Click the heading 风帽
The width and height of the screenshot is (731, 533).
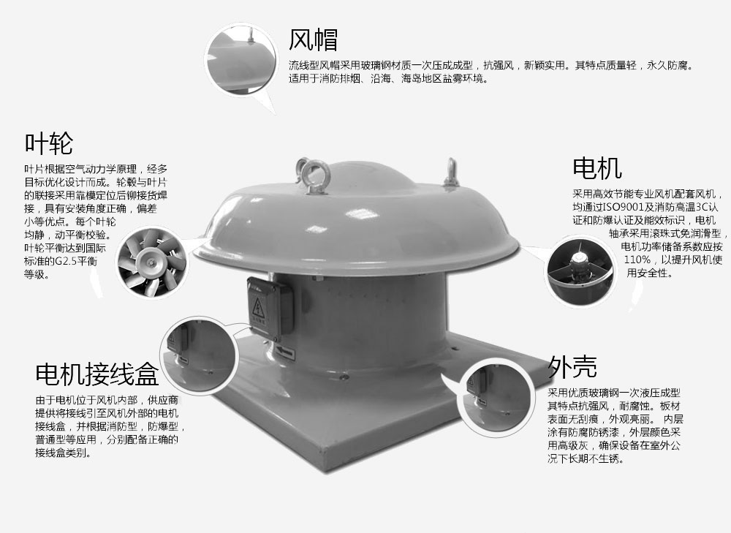pos(313,39)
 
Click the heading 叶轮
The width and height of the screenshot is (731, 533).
pos(48,143)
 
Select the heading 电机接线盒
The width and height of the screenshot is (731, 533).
pos(97,374)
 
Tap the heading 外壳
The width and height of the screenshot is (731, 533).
pos(572,366)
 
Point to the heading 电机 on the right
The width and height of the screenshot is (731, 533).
pos(597,168)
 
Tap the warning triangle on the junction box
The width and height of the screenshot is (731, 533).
pos(258,309)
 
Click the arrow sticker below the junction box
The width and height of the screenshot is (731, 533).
pos(284,352)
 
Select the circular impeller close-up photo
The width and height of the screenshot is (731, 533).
pos(151,262)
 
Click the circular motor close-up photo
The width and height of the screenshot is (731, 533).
pos(580,271)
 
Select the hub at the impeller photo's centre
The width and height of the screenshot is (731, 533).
pos(150,262)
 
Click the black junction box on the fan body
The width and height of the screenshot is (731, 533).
pos(270,309)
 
